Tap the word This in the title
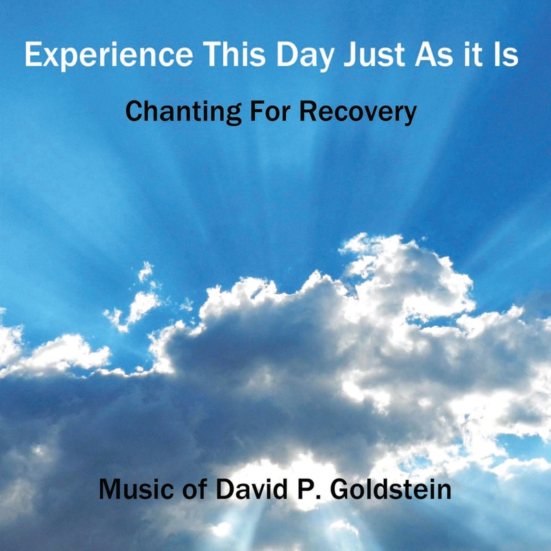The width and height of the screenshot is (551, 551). click(234, 54)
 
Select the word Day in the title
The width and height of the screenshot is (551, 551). click(305, 56)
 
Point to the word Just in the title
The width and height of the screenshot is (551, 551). click(374, 54)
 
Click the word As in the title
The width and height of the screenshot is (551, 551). click(435, 54)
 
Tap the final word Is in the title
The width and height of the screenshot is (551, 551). click(506, 54)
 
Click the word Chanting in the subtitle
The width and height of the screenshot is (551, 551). click(183, 112)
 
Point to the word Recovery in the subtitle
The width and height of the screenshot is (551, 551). click(357, 112)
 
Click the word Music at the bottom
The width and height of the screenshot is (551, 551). click(136, 489)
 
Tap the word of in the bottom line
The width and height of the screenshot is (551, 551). click(194, 489)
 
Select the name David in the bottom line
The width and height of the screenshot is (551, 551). click(252, 489)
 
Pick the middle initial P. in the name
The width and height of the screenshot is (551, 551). click(309, 489)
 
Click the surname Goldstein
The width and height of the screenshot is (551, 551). click(391, 489)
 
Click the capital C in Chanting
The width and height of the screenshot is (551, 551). click(134, 112)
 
